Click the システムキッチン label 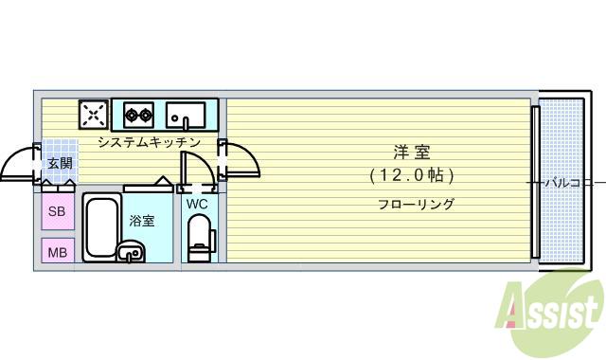149,142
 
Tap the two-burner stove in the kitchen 139,116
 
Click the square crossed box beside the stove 94,116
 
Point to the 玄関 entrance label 60,163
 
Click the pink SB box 56,211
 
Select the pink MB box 56,252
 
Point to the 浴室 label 142,221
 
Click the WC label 197,204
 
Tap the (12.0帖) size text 412,175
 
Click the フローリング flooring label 416,204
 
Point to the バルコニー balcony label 570,182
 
